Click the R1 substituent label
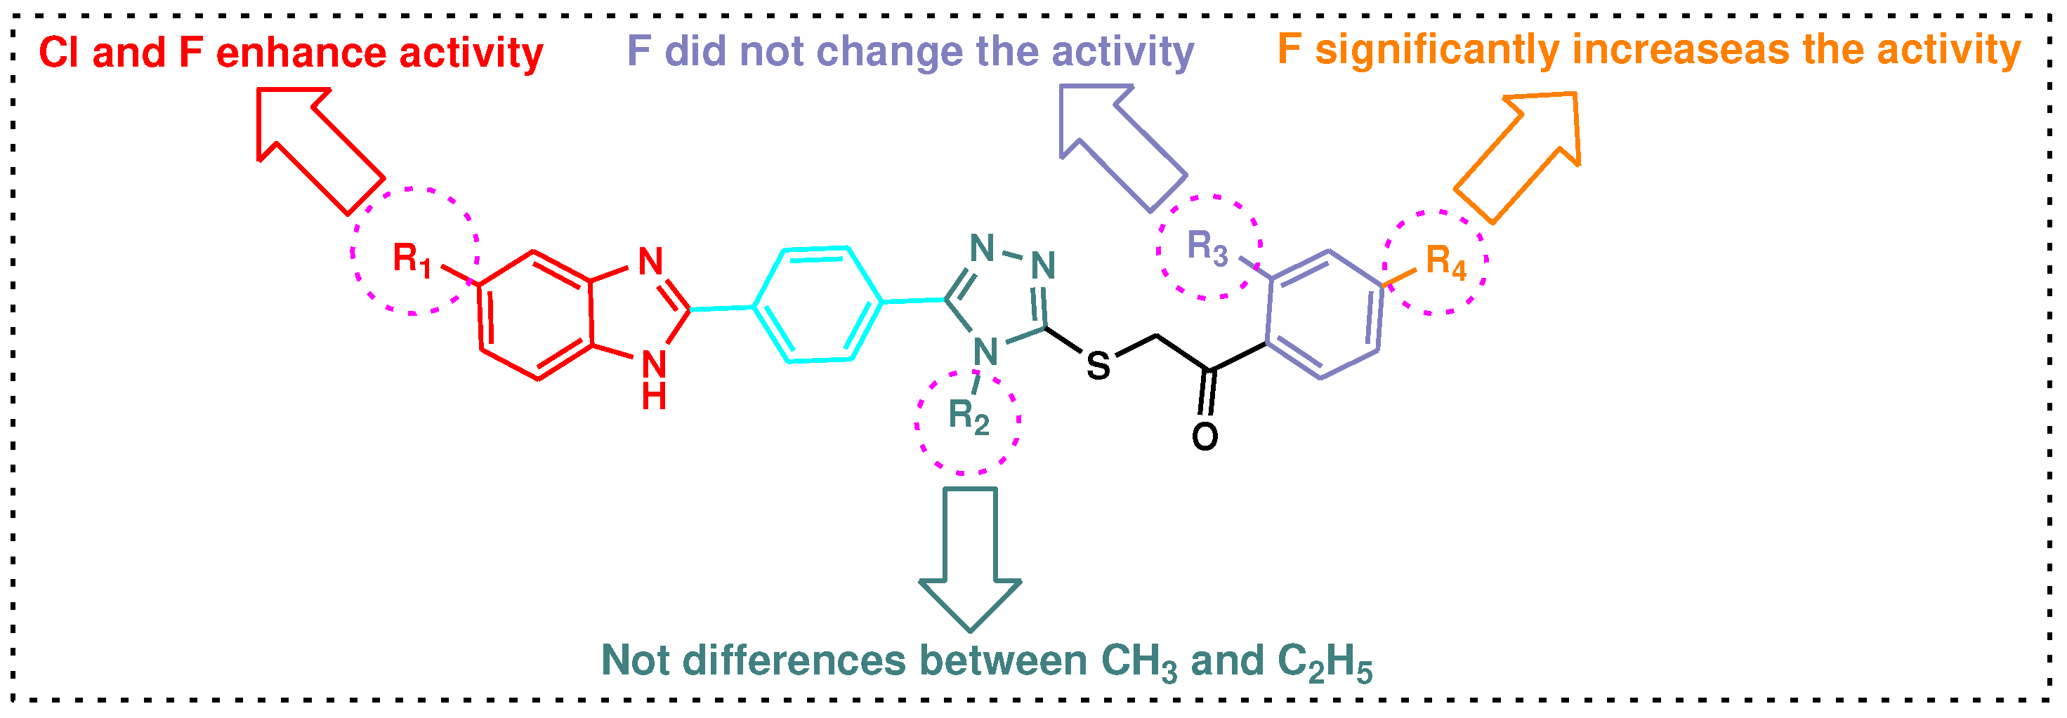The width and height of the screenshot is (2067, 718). [412, 259]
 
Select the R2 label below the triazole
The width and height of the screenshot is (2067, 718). [969, 415]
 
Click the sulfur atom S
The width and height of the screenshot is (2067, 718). [1098, 366]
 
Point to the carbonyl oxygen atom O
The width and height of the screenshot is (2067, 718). [1205, 437]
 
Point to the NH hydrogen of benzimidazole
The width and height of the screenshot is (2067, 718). [654, 397]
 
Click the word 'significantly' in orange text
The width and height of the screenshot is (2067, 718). [1437, 50]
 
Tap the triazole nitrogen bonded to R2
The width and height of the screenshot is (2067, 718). [985, 352]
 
